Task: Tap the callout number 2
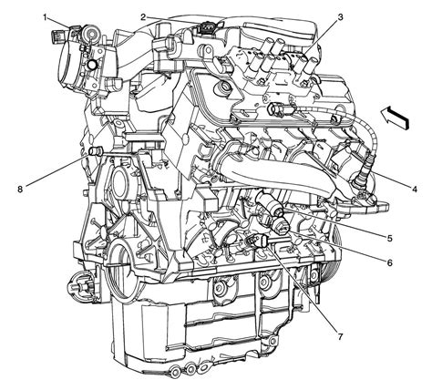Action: (x=144, y=16)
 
